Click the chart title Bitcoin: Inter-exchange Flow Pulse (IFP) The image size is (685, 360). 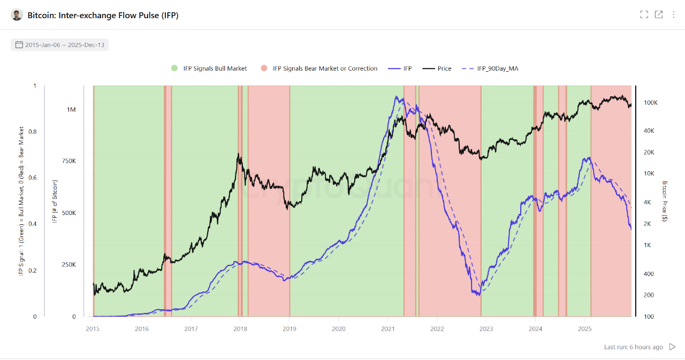[103, 15]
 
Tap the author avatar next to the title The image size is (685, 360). [17, 15]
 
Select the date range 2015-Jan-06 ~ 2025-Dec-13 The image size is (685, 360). [59, 45]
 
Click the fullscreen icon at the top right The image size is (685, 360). [644, 14]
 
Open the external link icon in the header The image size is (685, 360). [659, 14]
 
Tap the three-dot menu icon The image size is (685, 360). [673, 14]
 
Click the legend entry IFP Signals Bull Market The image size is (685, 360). [209, 68]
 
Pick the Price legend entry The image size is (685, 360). [437, 68]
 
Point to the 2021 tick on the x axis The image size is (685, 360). [387, 328]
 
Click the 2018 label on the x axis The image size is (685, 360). [240, 328]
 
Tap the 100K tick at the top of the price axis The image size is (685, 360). [650, 102]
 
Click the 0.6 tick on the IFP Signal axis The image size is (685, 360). [35, 178]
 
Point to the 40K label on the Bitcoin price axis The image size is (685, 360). [649, 131]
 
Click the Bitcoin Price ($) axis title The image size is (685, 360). [665, 201]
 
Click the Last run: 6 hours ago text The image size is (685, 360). [633, 347]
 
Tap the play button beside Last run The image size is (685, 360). [673, 347]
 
